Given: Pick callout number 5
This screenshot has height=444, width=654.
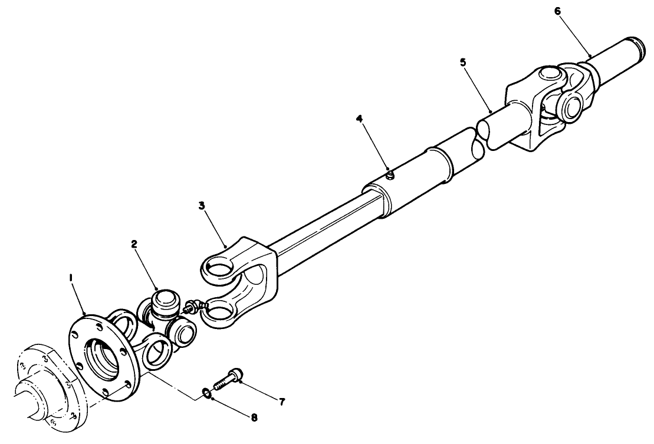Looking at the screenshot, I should pyautogui.click(x=463, y=63).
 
